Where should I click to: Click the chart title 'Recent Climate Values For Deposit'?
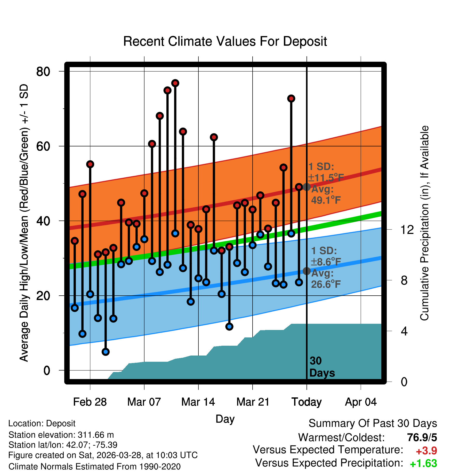tap(225, 41)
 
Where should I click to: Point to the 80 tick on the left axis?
tap(43, 72)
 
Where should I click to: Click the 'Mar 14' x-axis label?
tap(198, 402)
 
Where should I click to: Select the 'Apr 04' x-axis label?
tap(361, 402)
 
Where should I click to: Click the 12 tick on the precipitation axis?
tap(407, 230)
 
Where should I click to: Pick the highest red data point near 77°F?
tap(175, 83)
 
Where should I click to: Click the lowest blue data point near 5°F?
tap(106, 352)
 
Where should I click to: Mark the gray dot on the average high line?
tap(307, 187)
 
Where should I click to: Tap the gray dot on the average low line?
tap(307, 271)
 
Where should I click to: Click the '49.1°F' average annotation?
tap(326, 200)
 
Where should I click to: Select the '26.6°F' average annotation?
tap(326, 284)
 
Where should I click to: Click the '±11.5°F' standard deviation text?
tap(326, 178)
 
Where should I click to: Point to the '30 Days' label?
tap(322, 367)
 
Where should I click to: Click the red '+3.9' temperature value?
tap(426, 451)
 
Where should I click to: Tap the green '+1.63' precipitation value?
tap(423, 463)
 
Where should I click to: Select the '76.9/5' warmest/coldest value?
tap(422, 437)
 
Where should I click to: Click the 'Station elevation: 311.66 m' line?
tap(61, 435)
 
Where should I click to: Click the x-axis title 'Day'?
tap(225, 419)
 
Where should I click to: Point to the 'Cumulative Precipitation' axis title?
tap(424, 223)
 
